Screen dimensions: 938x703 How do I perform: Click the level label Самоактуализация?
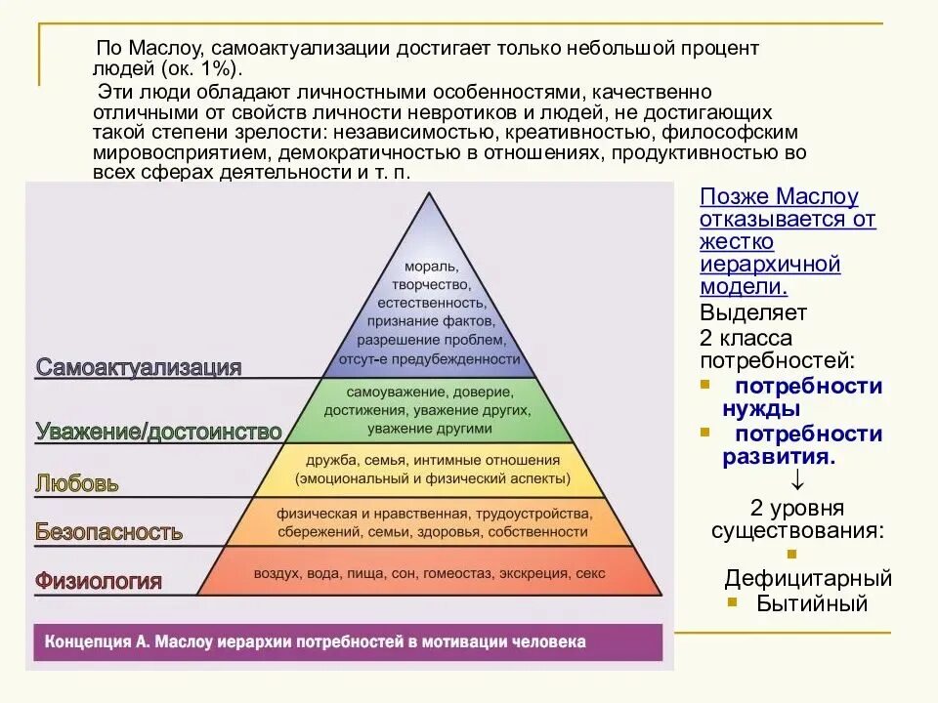coord(139,367)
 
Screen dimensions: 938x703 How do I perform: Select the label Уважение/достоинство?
coord(158,431)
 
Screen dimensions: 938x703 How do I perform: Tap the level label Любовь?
coord(77,482)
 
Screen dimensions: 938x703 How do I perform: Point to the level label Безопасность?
coord(108,532)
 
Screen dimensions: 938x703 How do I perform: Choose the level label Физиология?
coord(98,582)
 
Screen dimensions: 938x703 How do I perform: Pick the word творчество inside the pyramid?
coord(427,284)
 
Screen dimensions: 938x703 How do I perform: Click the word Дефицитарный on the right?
coord(808,579)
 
